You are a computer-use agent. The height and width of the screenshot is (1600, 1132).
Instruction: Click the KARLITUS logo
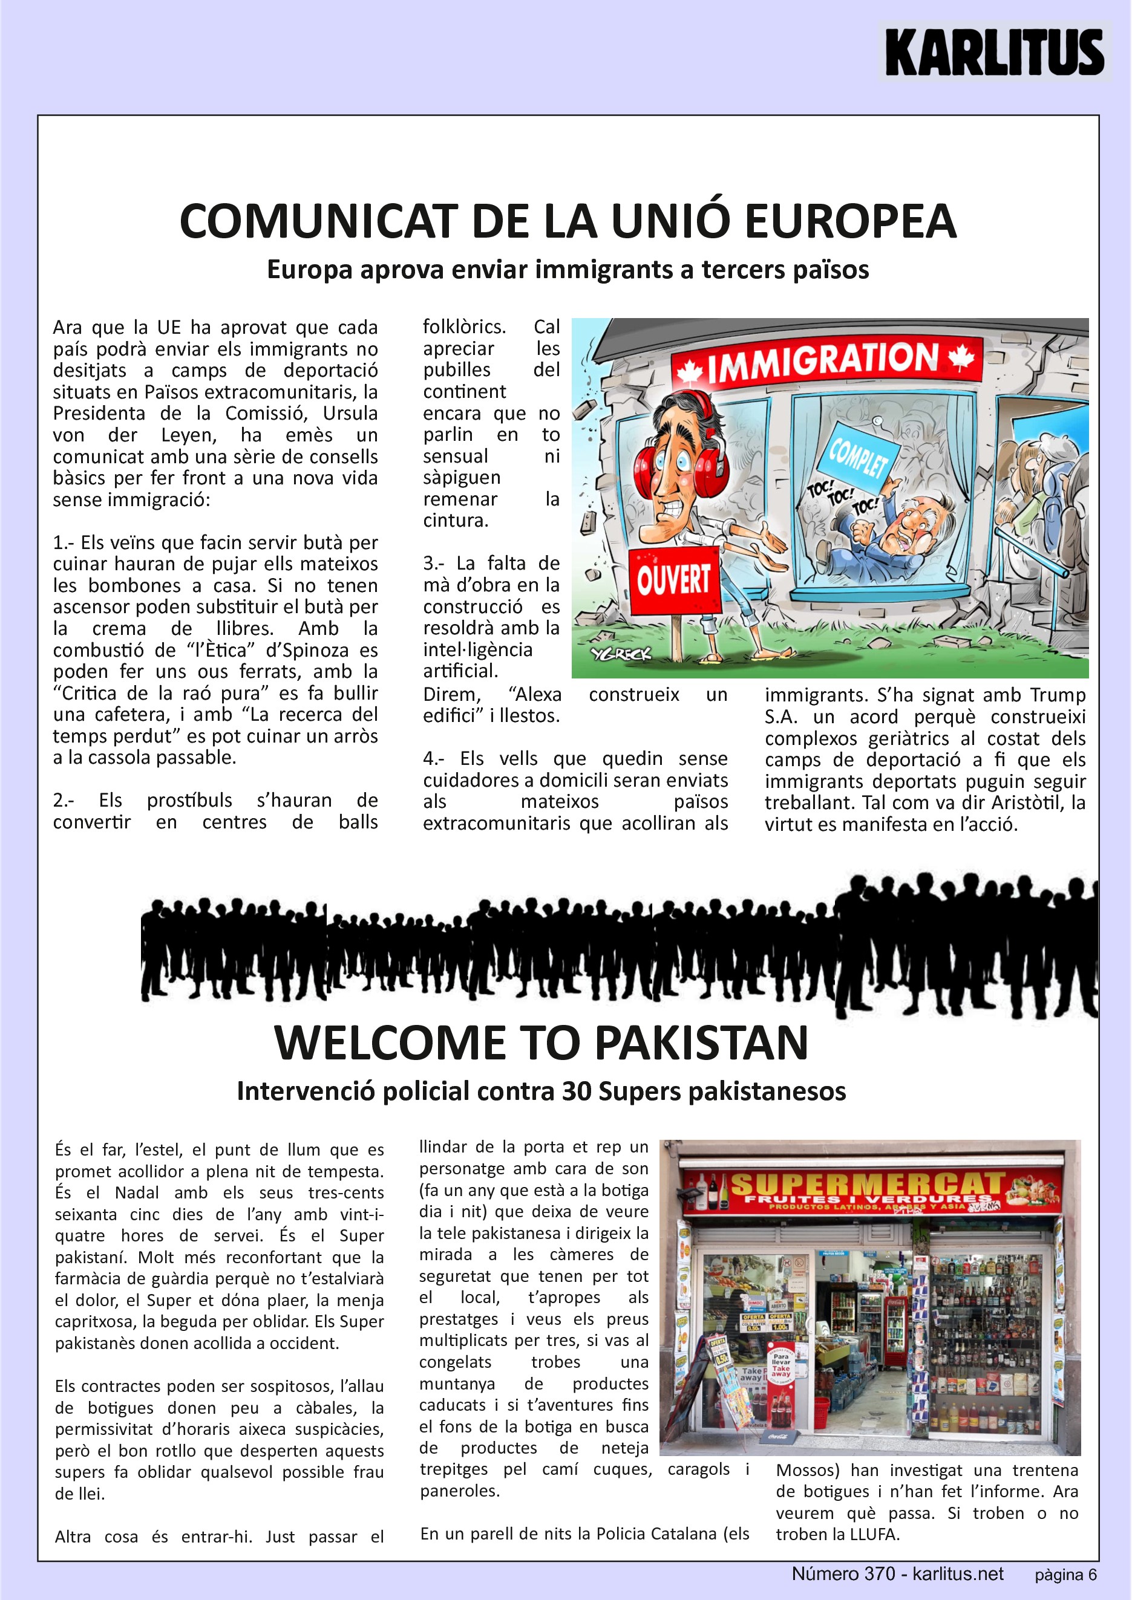pos(994,52)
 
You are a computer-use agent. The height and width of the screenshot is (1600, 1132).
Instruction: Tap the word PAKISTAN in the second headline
pos(701,1042)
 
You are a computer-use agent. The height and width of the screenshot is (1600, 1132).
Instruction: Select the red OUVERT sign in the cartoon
pos(673,579)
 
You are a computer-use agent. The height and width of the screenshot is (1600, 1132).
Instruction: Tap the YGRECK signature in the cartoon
pos(621,654)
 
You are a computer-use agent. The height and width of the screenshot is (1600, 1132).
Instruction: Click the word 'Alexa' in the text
pos(537,694)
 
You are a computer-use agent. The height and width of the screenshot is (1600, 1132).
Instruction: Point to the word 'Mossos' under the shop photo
pos(807,1471)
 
